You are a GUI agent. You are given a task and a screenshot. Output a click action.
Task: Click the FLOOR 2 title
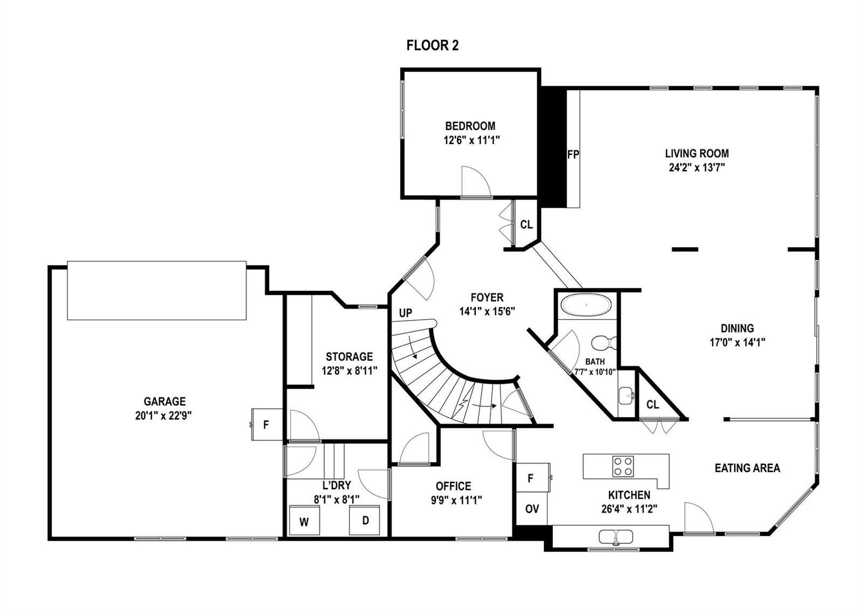(x=432, y=45)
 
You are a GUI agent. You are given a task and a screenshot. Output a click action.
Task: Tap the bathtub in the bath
(x=586, y=305)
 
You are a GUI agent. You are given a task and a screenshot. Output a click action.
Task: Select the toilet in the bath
(x=604, y=342)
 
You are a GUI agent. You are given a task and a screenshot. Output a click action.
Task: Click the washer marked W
(x=304, y=520)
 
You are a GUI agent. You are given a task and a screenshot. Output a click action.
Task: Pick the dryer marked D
(x=365, y=520)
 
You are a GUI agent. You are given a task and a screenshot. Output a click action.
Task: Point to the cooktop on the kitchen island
(x=623, y=466)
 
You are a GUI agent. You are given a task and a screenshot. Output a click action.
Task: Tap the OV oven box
(x=532, y=509)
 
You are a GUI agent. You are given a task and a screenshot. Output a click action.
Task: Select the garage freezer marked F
(x=266, y=424)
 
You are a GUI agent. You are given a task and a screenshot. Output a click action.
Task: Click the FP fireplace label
(x=573, y=154)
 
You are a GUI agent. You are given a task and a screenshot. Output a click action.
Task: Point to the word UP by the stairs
(x=405, y=313)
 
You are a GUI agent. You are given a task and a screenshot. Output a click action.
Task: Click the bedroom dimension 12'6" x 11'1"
(x=471, y=140)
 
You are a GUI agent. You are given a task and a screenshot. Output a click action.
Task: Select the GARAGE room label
(x=165, y=402)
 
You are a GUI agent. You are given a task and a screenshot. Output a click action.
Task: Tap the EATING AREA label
(x=748, y=467)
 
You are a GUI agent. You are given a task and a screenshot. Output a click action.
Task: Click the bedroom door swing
(x=476, y=182)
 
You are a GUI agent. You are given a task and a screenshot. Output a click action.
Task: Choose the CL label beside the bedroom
(x=526, y=225)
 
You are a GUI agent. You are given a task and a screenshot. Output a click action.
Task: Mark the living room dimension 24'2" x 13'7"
(x=697, y=168)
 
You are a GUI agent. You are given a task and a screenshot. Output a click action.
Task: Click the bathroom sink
(x=626, y=395)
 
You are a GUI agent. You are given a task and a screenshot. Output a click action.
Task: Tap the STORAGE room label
(x=349, y=356)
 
